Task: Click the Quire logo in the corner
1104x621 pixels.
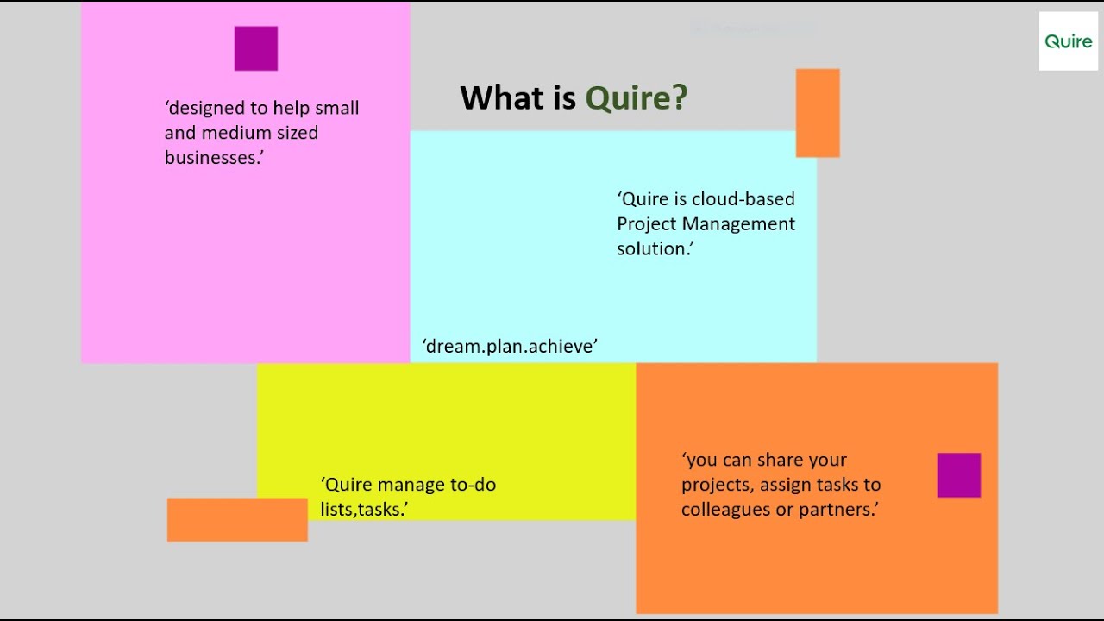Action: [1068, 41]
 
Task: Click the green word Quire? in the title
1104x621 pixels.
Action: [637, 98]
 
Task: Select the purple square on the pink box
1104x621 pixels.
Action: [256, 48]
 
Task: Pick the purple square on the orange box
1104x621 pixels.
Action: [959, 475]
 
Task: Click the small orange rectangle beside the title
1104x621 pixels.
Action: [818, 113]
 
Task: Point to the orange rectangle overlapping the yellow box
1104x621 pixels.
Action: [237, 519]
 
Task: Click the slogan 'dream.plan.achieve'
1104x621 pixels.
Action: [510, 346]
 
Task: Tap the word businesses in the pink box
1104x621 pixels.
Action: [212, 158]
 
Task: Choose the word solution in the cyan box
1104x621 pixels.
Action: [654, 248]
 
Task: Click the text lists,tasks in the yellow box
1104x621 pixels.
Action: [363, 510]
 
